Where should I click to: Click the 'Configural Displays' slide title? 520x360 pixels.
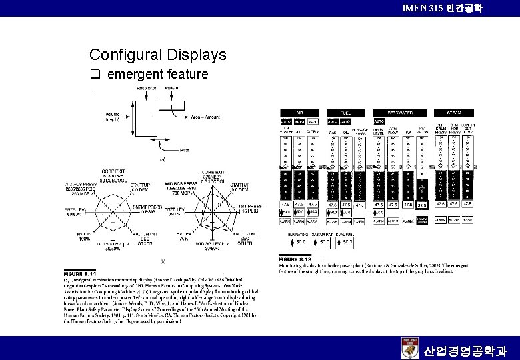pos(157,55)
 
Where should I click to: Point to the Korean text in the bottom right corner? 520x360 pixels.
pos(466,349)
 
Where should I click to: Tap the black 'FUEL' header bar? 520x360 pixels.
pos(345,113)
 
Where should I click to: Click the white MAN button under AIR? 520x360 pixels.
pos(313,121)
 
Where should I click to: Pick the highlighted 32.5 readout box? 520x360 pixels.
pos(422,205)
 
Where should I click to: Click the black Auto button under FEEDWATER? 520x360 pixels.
pos(379,121)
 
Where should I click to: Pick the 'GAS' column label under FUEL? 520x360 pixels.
pos(331,132)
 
